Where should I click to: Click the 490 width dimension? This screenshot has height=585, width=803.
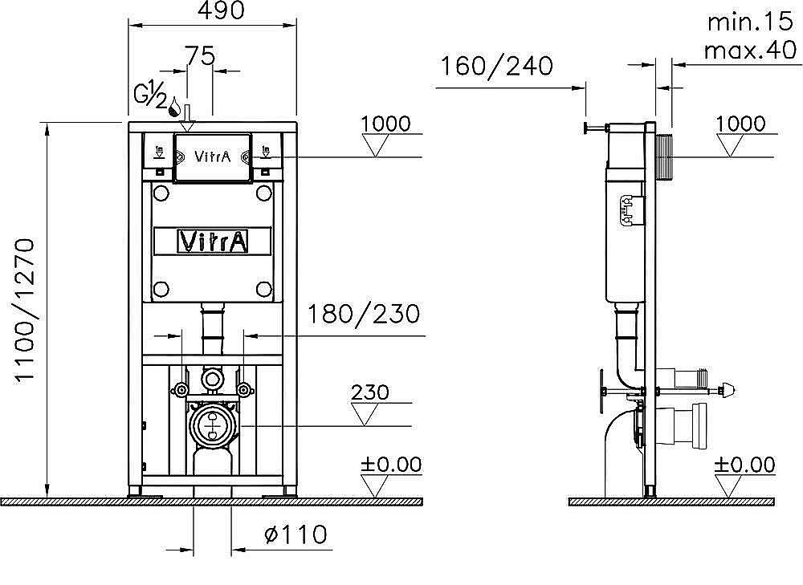[212, 10]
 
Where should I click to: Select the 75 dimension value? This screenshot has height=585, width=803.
[200, 55]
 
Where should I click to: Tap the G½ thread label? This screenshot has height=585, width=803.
[151, 95]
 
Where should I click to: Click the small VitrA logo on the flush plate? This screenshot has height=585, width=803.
[213, 156]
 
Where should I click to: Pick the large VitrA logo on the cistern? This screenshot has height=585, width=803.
[213, 241]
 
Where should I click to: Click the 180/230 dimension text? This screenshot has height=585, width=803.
[364, 314]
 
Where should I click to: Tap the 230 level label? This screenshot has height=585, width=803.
[370, 392]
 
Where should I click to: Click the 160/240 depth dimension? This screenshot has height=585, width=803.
[495, 66]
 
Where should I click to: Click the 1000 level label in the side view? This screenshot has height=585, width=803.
[740, 124]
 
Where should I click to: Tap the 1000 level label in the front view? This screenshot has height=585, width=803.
[385, 124]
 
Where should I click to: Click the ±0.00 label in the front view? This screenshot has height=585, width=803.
[391, 465]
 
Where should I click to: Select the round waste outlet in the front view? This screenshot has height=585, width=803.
[212, 423]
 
